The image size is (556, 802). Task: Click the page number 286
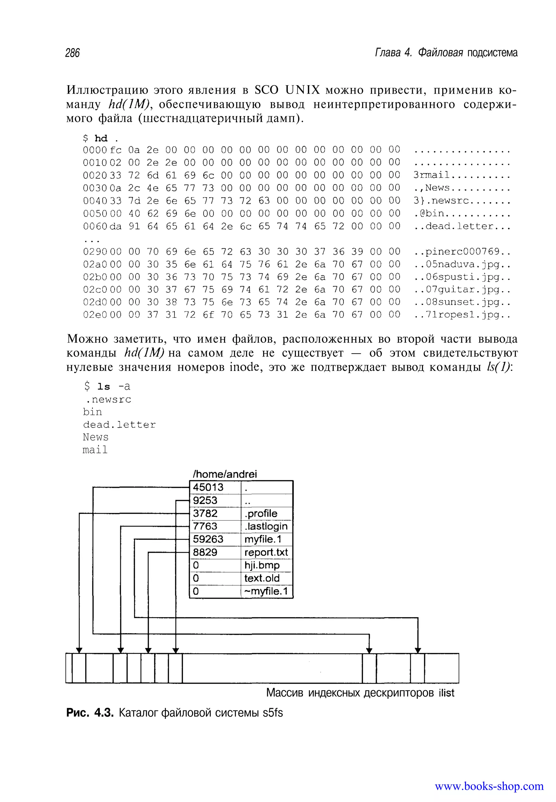(72, 53)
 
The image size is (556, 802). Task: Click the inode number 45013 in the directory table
(208, 487)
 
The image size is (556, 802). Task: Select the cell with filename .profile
(261, 513)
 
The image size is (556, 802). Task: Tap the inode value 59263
(208, 539)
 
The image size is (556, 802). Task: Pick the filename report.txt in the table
(266, 552)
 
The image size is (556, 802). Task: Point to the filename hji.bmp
(262, 565)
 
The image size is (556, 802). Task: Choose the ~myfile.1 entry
(266, 591)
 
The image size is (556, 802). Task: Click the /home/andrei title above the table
(225, 474)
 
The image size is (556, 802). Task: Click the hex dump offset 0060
(94, 226)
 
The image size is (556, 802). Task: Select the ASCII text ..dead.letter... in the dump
(462, 226)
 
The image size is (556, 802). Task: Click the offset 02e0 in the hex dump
(94, 315)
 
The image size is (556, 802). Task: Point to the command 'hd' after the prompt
(101, 139)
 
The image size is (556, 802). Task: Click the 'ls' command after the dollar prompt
(103, 387)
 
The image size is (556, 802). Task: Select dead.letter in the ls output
(119, 425)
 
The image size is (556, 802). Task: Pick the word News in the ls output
(96, 437)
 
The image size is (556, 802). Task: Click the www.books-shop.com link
(489, 786)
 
